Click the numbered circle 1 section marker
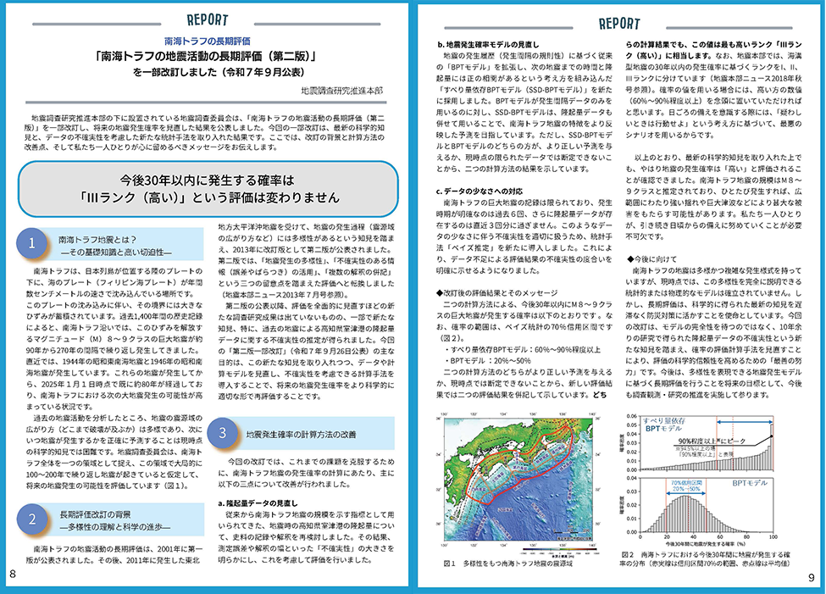tap(31, 244)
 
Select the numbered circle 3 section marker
tap(222, 432)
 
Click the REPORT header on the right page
tap(618, 23)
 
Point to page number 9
tap(812, 577)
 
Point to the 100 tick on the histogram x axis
tap(772, 536)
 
